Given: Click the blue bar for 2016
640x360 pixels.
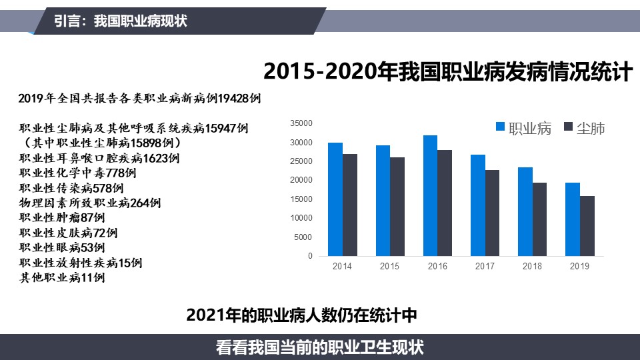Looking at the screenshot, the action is (x=430, y=195).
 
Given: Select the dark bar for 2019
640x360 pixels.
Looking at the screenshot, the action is (x=587, y=226).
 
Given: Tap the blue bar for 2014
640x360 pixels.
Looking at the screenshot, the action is (x=335, y=199).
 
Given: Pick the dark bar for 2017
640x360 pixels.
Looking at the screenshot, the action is (x=492, y=213).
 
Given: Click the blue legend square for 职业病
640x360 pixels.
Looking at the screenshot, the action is (x=500, y=127).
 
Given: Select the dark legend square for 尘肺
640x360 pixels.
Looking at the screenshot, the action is (x=568, y=127).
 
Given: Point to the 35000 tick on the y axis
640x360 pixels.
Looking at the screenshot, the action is (x=301, y=123).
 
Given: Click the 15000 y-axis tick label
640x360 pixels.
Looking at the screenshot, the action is (x=301, y=199).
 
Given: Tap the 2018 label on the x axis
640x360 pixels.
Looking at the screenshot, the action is (x=532, y=266).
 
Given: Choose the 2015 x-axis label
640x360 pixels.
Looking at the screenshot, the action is (x=389, y=266).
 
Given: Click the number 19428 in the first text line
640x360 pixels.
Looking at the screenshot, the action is (x=233, y=99).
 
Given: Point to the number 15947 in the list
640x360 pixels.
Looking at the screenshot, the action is (x=221, y=128).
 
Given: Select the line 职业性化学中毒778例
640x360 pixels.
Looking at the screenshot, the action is (x=77, y=173).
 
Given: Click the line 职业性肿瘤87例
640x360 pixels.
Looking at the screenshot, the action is (x=62, y=217).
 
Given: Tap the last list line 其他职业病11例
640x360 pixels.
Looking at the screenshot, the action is (x=62, y=277).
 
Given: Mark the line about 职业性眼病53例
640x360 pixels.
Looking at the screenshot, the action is (x=62, y=247).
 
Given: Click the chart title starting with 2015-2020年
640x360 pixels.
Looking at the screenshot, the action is (x=448, y=71).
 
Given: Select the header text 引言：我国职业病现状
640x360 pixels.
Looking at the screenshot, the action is (x=121, y=21).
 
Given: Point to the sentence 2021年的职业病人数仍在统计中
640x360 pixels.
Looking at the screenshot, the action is (x=301, y=315).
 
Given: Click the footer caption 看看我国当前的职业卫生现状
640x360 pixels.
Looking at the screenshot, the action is (x=319, y=348).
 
